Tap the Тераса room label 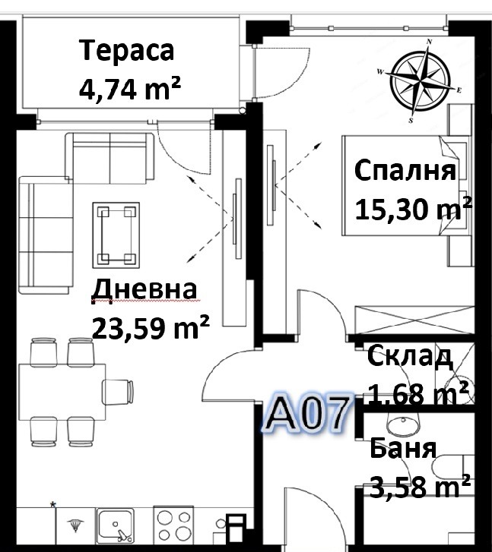point(127,52)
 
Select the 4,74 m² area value point(129,88)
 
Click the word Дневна point(144,291)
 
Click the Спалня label point(405,170)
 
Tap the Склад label point(410,355)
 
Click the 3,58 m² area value point(419,484)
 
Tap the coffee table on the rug point(116,235)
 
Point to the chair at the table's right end point(119,392)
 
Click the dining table point(62,390)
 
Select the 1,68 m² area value point(419,394)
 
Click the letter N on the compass point(430,43)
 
